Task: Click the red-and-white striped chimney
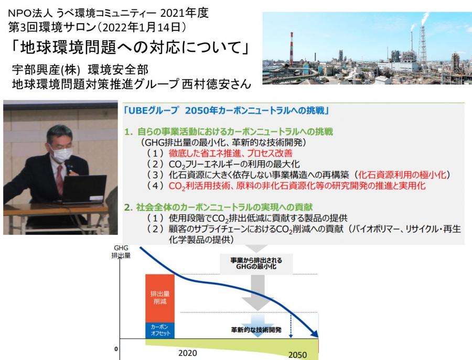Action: (291, 48)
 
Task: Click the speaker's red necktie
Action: (60, 180)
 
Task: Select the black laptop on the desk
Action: (84, 190)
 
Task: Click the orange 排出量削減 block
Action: (160, 298)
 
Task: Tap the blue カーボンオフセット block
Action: (160, 331)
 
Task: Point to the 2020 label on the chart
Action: (188, 353)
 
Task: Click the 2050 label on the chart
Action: (297, 355)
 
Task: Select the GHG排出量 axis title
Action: (121, 252)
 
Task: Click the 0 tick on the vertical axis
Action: (116, 349)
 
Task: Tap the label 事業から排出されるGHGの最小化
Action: (256, 264)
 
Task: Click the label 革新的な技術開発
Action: (256, 330)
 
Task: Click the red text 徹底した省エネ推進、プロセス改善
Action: (231, 154)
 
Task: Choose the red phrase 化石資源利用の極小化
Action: (402, 174)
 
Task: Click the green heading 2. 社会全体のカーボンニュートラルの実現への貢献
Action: (218, 207)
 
